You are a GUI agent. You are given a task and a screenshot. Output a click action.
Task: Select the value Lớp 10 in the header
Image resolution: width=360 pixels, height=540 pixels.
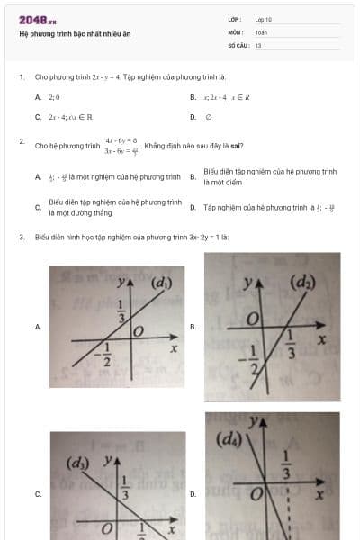click(x=263, y=19)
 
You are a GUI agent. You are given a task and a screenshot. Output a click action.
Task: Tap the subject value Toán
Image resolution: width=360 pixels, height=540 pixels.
click(x=261, y=31)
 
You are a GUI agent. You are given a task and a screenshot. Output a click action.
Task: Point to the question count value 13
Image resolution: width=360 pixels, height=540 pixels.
click(x=258, y=44)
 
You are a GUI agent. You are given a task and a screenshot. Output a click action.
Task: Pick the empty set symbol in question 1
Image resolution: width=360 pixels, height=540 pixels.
click(x=208, y=117)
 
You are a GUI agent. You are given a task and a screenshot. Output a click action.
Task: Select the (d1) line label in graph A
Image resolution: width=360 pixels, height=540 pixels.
click(x=161, y=284)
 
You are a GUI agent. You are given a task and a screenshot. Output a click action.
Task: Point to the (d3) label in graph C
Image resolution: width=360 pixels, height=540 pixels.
click(x=78, y=463)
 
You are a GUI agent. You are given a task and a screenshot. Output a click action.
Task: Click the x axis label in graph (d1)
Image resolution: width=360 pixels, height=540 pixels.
click(x=173, y=348)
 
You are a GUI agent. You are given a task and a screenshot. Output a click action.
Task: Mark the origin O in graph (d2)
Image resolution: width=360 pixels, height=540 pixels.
click(x=254, y=319)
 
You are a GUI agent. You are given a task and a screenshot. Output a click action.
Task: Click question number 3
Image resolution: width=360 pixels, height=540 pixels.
click(x=21, y=237)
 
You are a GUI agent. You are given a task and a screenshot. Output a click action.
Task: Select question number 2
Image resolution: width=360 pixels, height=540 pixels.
click(x=21, y=141)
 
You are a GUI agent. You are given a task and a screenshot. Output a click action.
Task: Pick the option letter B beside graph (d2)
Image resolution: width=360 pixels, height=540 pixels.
click(x=193, y=327)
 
